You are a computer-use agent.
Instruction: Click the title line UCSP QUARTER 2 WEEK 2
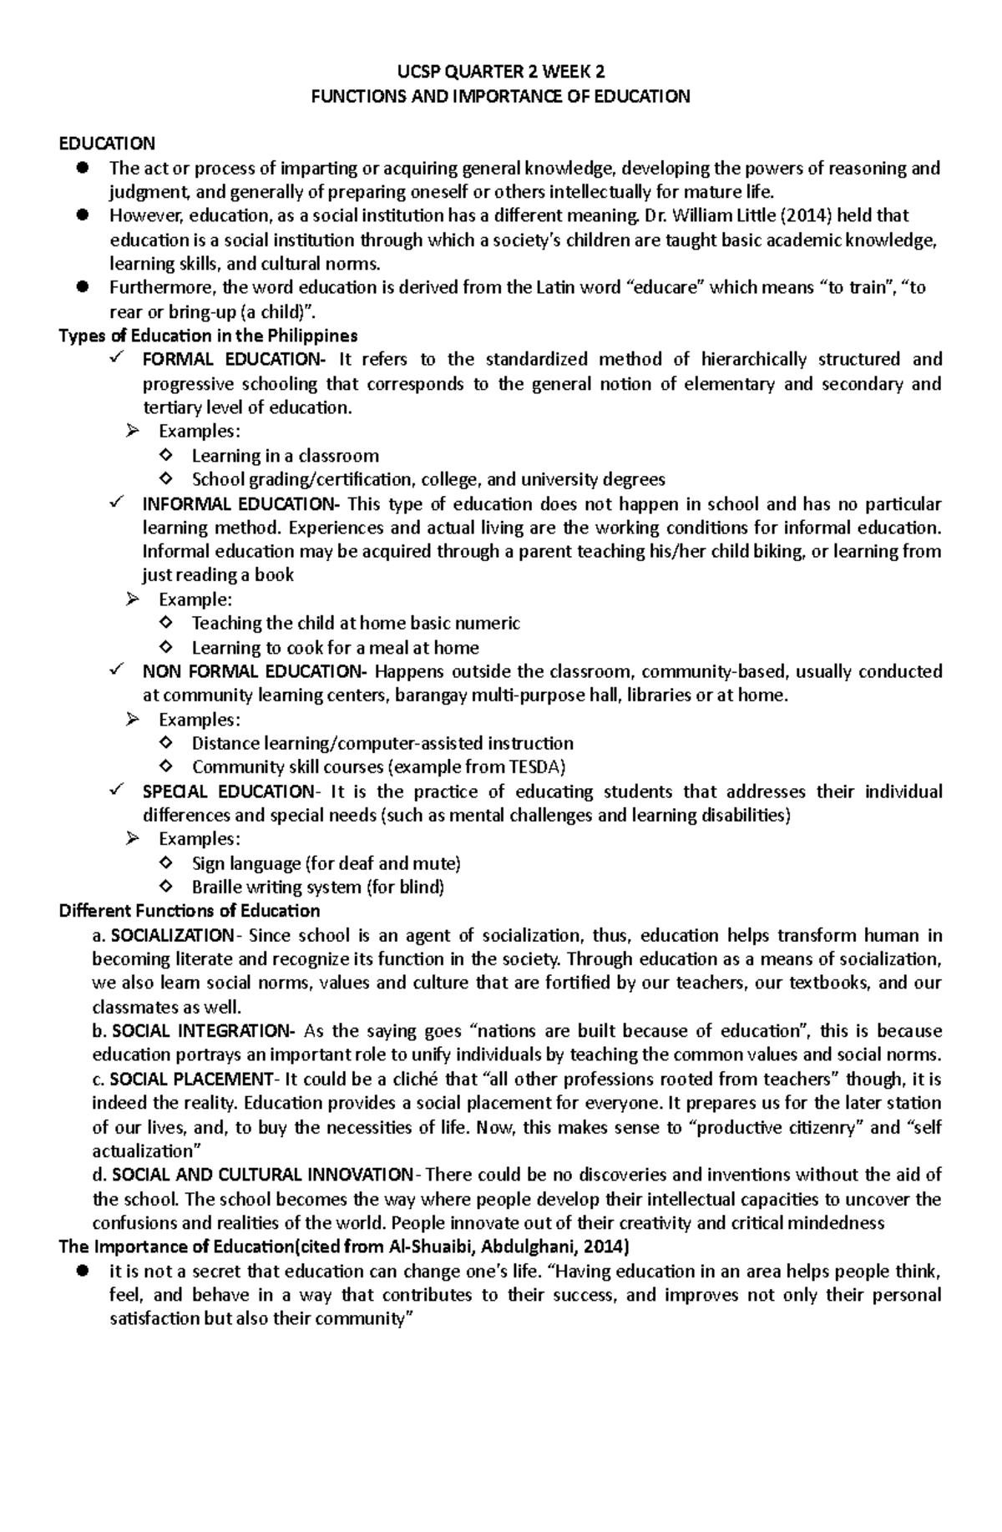(500, 72)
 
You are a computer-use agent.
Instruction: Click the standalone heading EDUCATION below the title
(106, 144)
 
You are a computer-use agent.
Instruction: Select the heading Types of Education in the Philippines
(208, 336)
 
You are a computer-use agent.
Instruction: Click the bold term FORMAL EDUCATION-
(235, 360)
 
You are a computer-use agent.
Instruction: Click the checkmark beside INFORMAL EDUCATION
(115, 503)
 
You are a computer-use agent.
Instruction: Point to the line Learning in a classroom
(285, 456)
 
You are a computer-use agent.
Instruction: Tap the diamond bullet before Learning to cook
(164, 647)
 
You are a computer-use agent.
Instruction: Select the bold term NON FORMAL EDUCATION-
(254, 672)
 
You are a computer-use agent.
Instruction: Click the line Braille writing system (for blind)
(317, 887)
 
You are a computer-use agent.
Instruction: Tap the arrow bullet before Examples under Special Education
(130, 839)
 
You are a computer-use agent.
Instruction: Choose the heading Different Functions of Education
(190, 911)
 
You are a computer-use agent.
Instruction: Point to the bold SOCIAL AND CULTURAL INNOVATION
(261, 1175)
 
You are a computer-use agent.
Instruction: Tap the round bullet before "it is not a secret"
(82, 1272)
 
